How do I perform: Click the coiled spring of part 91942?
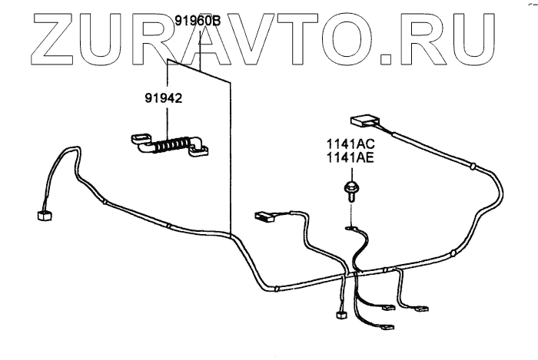(x=171, y=144)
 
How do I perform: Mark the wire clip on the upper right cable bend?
(x=473, y=165)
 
